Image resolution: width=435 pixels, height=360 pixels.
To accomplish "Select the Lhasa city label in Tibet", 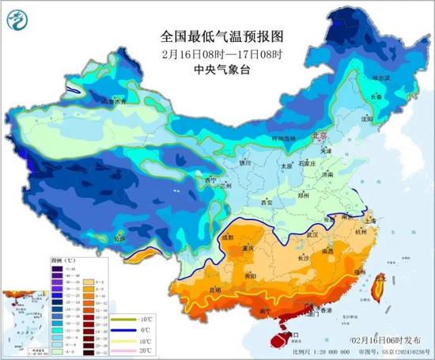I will click(x=119, y=237).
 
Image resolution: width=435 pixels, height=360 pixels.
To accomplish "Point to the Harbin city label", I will click(x=383, y=78).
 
